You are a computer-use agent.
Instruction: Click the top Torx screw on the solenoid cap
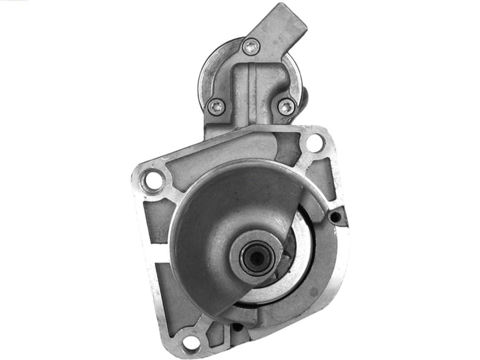coord(251,46)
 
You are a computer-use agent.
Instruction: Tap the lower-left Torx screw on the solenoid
coord(216,106)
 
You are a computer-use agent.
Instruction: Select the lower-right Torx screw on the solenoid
coord(287,107)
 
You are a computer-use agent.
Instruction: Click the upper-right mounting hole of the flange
coord(315,143)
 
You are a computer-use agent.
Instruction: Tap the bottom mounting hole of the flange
coord(191,343)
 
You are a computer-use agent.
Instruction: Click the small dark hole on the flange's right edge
coord(336,217)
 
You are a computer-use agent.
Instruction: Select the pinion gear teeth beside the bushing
coord(287,253)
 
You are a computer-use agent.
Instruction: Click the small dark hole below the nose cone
coord(237,327)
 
